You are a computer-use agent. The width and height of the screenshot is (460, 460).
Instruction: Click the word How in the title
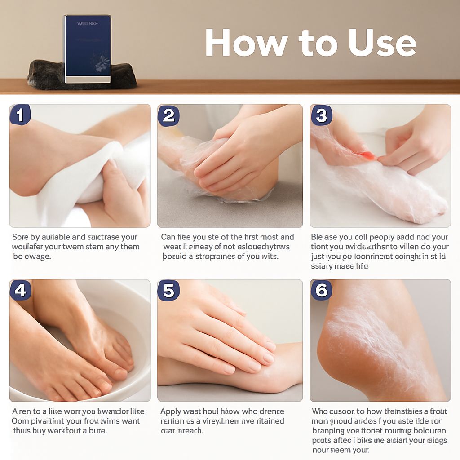[246, 43]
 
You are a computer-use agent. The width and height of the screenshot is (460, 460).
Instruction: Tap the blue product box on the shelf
[87, 49]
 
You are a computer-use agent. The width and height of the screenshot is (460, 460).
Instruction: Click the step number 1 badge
[20, 115]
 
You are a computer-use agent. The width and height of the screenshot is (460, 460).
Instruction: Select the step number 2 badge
[168, 115]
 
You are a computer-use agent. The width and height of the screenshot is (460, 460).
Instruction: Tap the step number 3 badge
[321, 115]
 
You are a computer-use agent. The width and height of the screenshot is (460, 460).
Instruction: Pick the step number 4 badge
[20, 291]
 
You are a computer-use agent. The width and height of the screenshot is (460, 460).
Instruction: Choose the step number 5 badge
[168, 291]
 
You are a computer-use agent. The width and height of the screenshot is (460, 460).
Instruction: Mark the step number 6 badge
[321, 291]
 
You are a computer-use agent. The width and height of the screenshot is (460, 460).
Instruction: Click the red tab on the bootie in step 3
[367, 156]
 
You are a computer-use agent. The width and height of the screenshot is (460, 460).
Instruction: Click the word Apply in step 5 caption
[171, 412]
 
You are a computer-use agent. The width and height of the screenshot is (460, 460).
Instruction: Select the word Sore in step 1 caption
[20, 237]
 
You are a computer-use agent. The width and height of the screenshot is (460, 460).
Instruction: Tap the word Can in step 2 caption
[168, 237]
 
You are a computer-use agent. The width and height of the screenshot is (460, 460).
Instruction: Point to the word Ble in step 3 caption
[318, 237]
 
